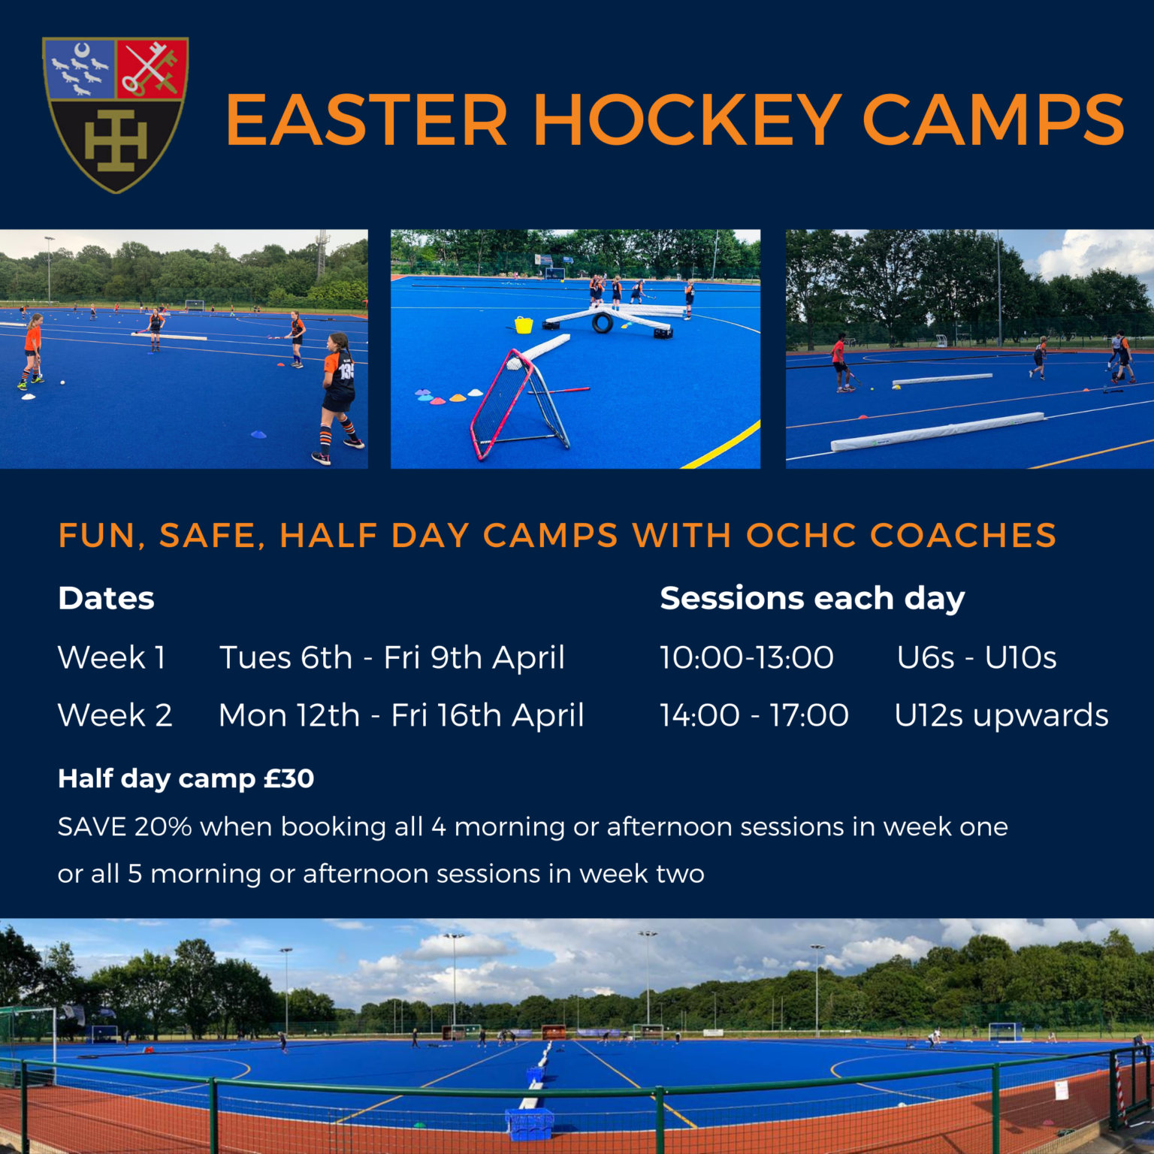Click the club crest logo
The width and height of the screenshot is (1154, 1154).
pos(115,114)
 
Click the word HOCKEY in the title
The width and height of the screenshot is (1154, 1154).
pos(687,120)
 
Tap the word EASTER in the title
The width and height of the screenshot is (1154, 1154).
pos(367,120)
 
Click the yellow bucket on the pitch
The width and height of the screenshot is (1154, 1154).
pos(524,325)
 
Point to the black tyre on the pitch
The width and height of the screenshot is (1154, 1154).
pos(603,323)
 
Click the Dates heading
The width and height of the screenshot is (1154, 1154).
pos(106,599)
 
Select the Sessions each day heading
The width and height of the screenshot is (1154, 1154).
pos(811,599)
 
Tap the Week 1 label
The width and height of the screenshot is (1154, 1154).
pos(111,657)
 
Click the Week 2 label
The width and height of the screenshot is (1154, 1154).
pos(115,715)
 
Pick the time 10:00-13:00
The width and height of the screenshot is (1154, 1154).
pos(747,657)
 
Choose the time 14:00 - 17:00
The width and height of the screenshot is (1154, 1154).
pos(754,715)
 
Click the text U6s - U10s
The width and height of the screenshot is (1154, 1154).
pos(977,657)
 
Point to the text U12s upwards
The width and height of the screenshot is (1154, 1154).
pos(1001,715)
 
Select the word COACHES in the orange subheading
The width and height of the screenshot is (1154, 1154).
pos(963,536)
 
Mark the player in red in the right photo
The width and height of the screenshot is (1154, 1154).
pos(841,363)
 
